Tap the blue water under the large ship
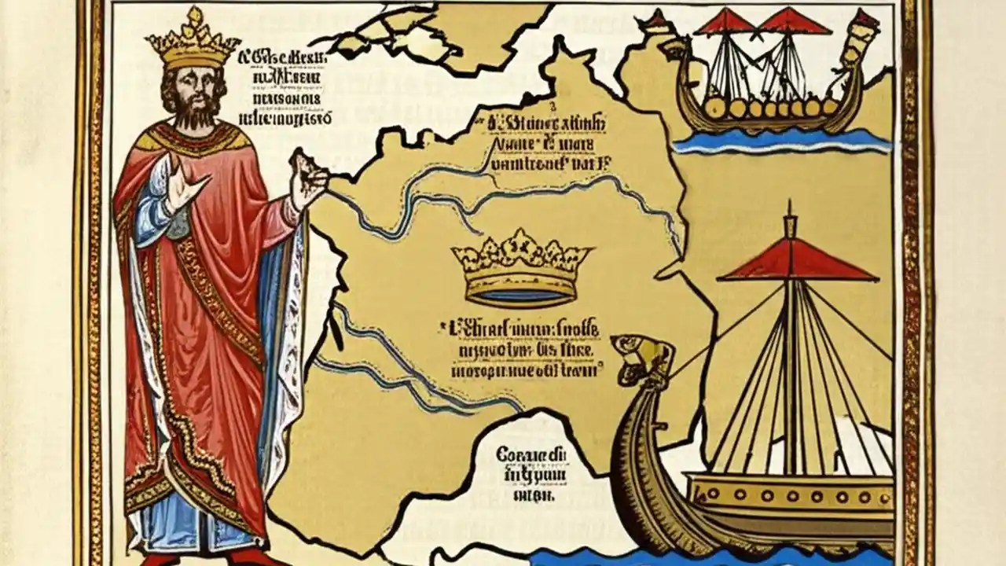point(707,557)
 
